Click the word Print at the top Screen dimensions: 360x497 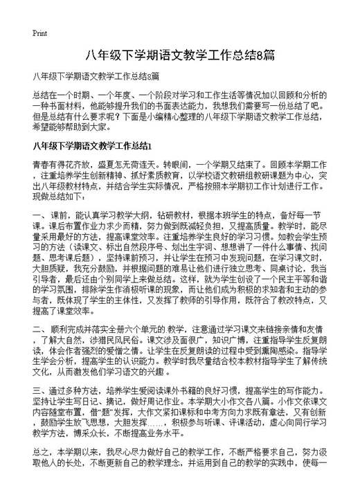(39, 33)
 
